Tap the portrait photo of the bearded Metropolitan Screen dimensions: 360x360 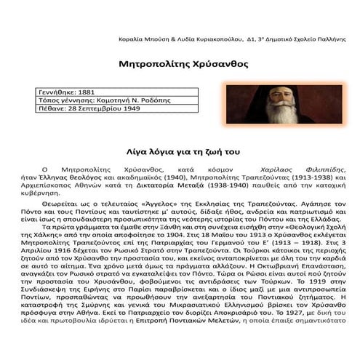(284, 104)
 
